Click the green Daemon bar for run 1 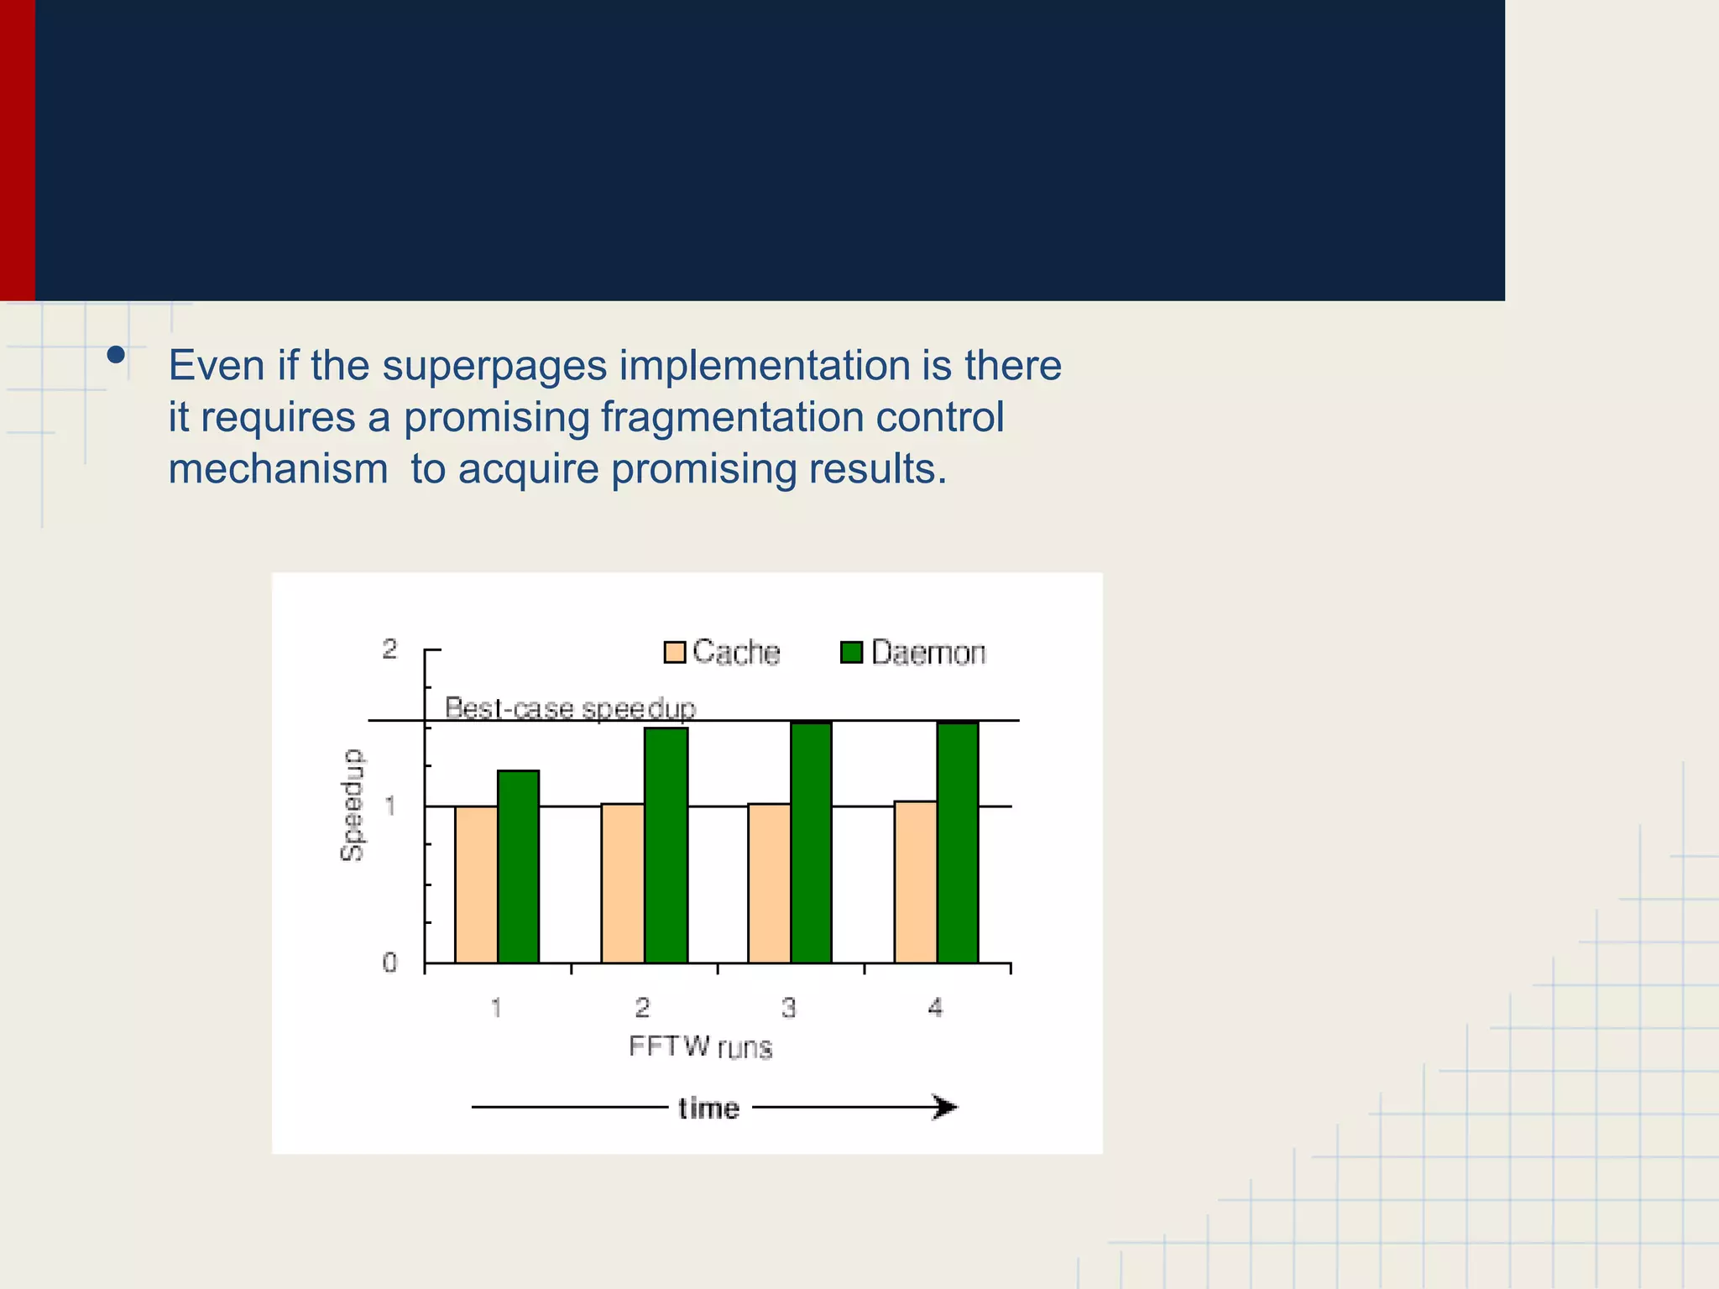point(518,866)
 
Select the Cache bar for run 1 point(476,884)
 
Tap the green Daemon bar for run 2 point(666,845)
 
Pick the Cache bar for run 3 point(769,883)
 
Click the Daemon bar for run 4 point(958,842)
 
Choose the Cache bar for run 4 point(915,881)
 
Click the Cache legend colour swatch point(675,652)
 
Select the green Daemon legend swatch point(851,652)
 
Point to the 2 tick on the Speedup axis point(389,649)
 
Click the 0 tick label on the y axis point(389,963)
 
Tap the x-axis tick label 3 point(788,1007)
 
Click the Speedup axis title point(353,805)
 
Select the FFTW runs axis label point(700,1046)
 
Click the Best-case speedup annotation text point(570,708)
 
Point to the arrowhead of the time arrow point(945,1107)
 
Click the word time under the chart point(708,1108)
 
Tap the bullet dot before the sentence point(116,355)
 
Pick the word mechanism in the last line point(278,468)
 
